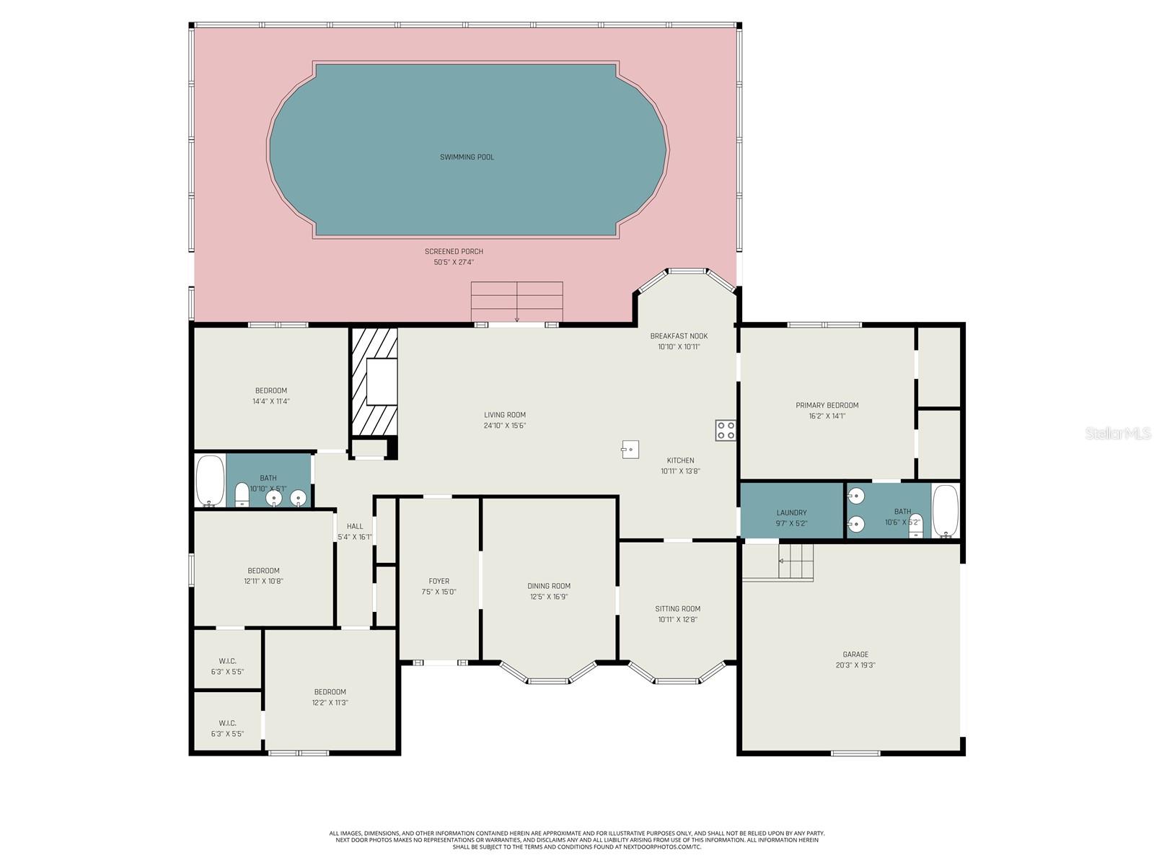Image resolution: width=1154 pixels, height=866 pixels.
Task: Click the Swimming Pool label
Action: (467, 157)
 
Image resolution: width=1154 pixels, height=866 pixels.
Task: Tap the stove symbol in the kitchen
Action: (726, 431)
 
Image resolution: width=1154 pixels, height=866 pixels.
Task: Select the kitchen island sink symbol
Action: (630, 450)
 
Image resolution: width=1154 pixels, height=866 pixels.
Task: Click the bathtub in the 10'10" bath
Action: (210, 481)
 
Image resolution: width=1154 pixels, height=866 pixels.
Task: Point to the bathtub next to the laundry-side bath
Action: (945, 511)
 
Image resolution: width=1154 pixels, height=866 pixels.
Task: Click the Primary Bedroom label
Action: (827, 406)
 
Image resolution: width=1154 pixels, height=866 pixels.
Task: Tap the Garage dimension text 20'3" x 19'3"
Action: (855, 665)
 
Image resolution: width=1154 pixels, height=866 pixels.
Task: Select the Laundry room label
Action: (791, 513)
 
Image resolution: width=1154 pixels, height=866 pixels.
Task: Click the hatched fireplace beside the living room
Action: (374, 382)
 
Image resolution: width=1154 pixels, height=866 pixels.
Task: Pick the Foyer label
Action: (439, 581)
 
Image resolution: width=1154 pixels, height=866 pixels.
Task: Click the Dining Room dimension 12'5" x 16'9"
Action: (548, 597)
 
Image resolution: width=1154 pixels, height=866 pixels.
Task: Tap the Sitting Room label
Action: (677, 608)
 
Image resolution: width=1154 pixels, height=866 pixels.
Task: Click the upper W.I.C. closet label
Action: (227, 661)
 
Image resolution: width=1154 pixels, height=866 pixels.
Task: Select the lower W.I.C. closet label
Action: (227, 723)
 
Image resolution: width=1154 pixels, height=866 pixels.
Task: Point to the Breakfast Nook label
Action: (679, 336)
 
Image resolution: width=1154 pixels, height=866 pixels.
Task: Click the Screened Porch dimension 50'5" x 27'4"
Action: (454, 263)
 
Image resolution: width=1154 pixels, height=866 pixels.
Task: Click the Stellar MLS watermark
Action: (1116, 433)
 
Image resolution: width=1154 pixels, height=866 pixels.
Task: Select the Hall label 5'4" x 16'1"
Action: (355, 531)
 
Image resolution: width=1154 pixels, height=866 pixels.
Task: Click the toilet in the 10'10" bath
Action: (242, 494)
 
